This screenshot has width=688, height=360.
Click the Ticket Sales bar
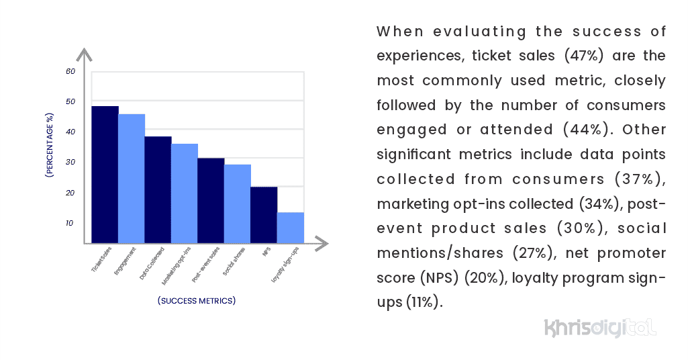[105, 175]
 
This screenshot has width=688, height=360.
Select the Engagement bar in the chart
[132, 179]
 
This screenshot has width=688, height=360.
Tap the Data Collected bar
[158, 189]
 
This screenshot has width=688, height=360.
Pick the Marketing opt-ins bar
[185, 193]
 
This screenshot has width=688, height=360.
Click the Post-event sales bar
[211, 200]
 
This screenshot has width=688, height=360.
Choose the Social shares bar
[238, 204]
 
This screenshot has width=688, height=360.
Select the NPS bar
[264, 215]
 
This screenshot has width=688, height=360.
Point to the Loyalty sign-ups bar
[291, 228]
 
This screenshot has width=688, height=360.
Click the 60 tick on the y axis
[70, 71]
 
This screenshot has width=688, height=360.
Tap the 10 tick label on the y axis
[70, 223]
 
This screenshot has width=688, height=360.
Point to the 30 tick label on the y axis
[70, 163]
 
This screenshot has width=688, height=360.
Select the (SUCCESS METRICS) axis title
[197, 300]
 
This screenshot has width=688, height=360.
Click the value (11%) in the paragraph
[424, 302]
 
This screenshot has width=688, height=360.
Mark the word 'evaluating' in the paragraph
[474, 32]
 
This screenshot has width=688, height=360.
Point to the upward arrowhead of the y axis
[85, 54]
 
